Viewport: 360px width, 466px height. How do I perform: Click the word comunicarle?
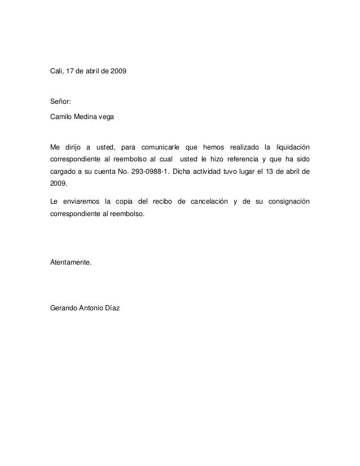(160, 148)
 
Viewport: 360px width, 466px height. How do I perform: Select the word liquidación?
(290, 148)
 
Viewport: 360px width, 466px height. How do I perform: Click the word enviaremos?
(80, 202)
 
